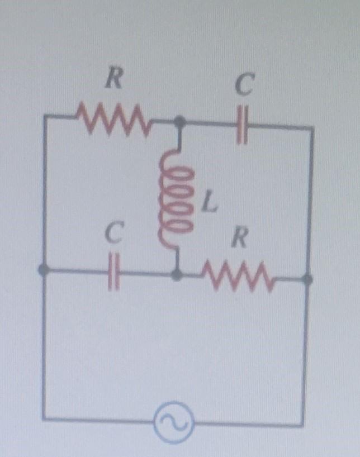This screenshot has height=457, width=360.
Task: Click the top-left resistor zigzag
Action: (x=115, y=118)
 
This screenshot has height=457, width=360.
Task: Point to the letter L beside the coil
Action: (x=209, y=205)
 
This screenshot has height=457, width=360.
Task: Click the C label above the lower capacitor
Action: (x=113, y=235)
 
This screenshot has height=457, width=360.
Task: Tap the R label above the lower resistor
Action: (x=239, y=239)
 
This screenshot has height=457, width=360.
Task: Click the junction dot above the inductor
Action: (x=179, y=121)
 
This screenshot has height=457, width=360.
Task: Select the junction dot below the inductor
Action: (x=178, y=274)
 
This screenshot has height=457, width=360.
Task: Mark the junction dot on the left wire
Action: (x=42, y=270)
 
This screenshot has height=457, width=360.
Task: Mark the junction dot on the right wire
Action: (x=307, y=278)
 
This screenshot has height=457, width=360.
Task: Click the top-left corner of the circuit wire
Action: (x=44, y=116)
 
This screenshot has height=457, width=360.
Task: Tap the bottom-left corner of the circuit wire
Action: (x=44, y=418)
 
